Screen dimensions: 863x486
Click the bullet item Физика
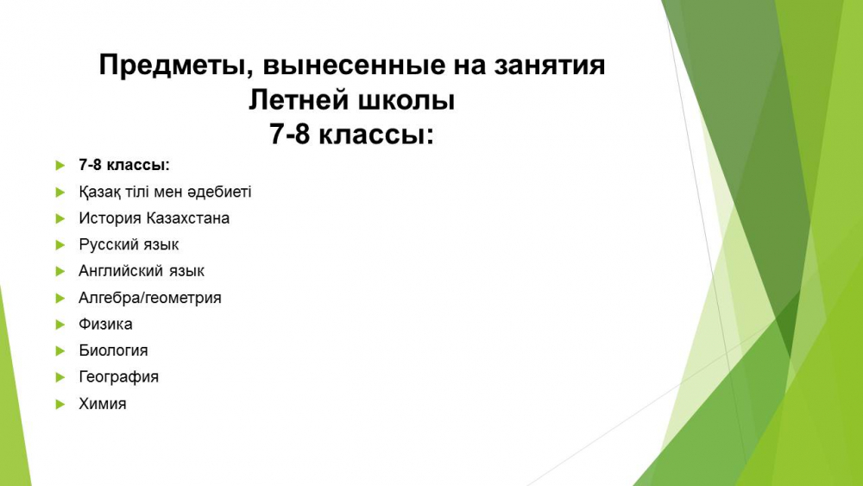(x=105, y=325)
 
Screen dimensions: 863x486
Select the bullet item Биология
(x=113, y=350)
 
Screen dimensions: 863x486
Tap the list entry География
(x=119, y=377)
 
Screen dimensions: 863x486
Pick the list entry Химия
(x=103, y=404)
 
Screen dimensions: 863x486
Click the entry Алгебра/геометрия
(x=150, y=298)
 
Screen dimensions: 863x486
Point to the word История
(x=110, y=218)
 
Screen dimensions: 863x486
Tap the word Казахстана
(x=187, y=218)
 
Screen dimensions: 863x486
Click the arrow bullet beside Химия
(x=60, y=405)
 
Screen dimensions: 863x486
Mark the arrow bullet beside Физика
(x=60, y=325)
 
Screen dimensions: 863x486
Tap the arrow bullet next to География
(x=60, y=377)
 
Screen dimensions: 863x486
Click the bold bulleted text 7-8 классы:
(x=124, y=165)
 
